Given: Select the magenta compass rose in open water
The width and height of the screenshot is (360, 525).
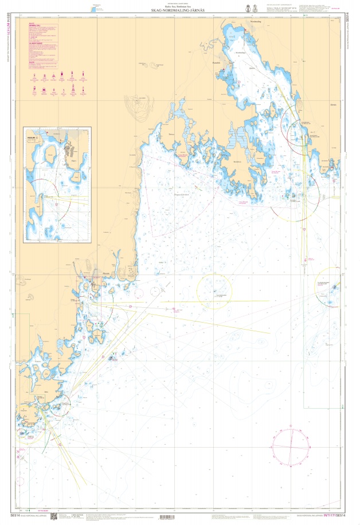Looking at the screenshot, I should click(292, 446).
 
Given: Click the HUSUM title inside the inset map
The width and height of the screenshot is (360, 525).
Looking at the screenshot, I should click(32, 137).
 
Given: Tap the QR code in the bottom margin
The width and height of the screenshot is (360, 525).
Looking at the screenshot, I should click(56, 516).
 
